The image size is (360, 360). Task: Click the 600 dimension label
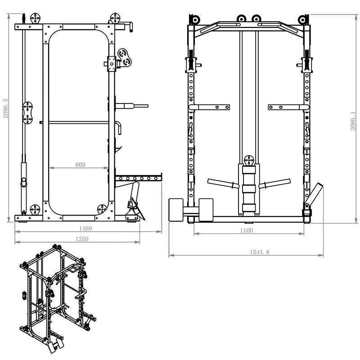[x=80, y=165]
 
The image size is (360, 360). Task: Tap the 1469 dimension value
[x=85, y=229]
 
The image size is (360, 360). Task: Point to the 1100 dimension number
[x=246, y=230]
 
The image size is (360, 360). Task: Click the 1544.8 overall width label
[x=259, y=252]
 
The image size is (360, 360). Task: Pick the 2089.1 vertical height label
[x=353, y=121]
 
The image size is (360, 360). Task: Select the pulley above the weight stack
[x=249, y=160]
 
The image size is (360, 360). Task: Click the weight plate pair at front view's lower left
[x=191, y=210]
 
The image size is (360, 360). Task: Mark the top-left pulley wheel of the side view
[x=35, y=19]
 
